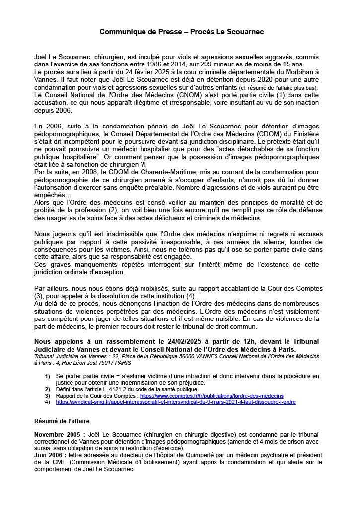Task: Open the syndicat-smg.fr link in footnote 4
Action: click(176, 402)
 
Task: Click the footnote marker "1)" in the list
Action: click(48, 377)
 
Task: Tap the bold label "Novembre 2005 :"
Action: click(58, 434)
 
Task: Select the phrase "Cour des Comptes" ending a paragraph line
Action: click(297, 288)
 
